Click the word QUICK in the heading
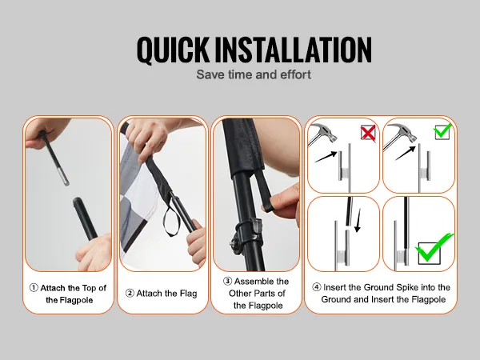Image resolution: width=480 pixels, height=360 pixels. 173,50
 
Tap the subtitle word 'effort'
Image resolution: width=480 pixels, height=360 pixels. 295,74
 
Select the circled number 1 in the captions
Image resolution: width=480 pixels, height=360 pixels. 34,288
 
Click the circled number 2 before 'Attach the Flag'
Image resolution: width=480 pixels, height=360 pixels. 130,294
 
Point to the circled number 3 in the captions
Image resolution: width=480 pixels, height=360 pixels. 227,281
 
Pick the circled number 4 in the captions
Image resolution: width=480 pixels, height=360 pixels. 317,287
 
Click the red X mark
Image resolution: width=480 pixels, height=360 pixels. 368,133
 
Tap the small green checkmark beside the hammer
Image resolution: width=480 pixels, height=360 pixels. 442,130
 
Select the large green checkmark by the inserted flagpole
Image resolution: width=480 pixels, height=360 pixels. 434,248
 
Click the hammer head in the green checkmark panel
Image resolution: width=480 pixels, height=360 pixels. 403,132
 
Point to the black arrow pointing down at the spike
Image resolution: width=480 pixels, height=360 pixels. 358,221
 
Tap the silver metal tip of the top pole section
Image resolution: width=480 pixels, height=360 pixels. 65,179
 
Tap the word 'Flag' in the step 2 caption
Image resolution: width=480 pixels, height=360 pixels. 188,294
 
